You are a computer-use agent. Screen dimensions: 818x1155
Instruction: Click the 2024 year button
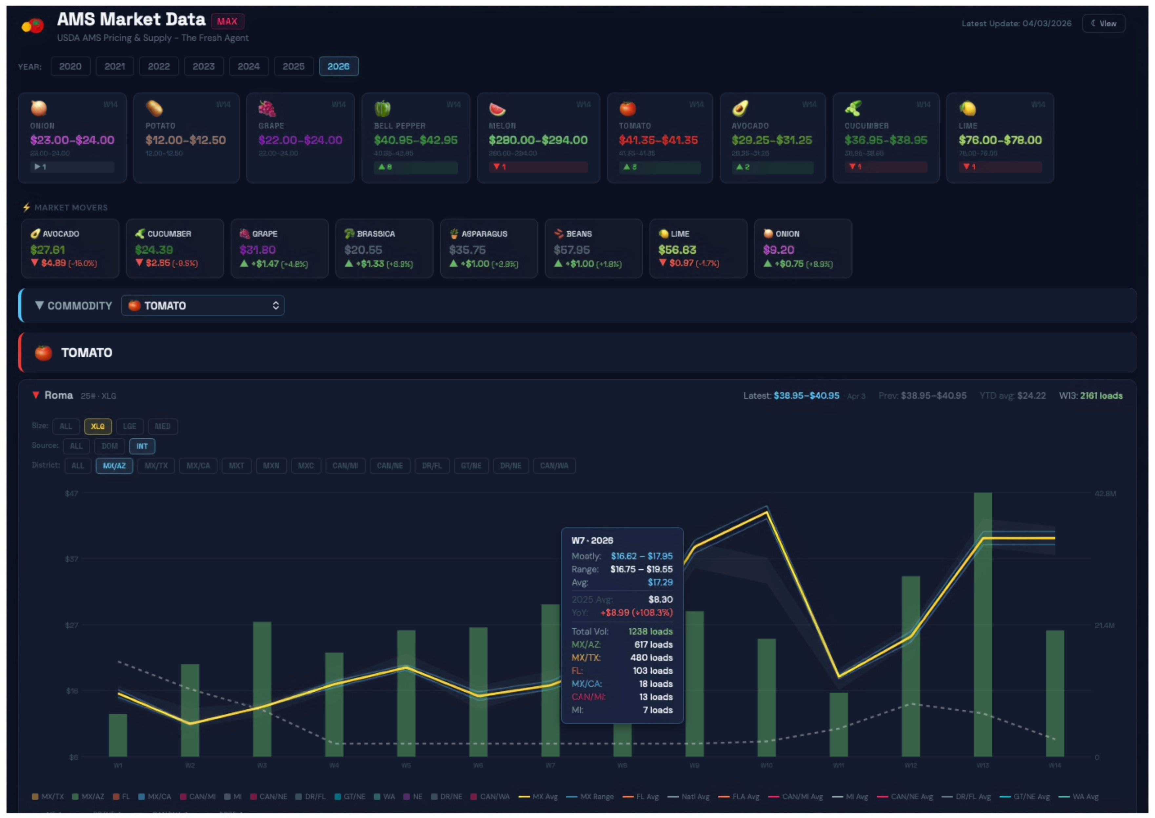point(249,67)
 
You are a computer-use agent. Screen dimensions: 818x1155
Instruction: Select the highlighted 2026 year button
point(338,67)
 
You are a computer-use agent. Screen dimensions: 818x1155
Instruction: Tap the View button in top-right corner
point(1103,24)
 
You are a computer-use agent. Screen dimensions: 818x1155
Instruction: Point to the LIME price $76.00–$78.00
point(1000,140)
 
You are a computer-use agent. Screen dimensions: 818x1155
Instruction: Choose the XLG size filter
point(98,426)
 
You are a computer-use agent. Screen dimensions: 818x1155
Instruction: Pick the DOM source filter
point(109,446)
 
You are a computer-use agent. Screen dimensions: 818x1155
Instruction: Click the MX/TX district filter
point(156,465)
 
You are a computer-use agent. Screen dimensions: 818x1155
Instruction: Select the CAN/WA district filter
point(554,465)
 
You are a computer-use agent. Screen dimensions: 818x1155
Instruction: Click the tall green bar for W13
point(982,625)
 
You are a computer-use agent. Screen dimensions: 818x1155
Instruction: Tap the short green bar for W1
point(118,735)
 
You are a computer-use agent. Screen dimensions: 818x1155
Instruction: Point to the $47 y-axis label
point(71,493)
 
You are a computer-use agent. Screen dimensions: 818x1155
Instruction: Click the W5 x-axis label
point(406,766)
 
